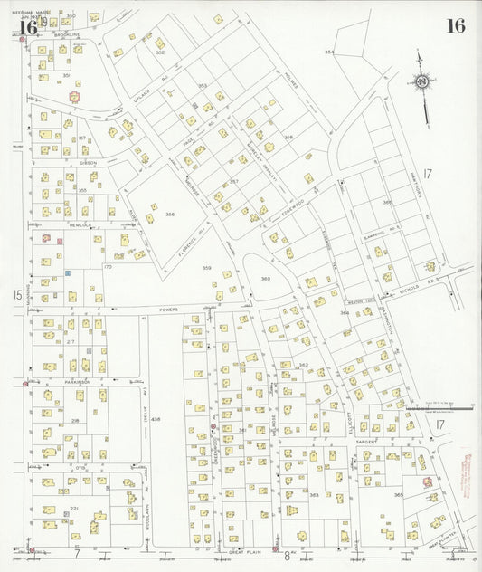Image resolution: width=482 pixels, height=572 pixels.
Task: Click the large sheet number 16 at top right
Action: point(455,25)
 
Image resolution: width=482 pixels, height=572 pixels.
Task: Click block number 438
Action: point(156,420)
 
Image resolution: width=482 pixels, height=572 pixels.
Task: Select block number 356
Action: point(169,214)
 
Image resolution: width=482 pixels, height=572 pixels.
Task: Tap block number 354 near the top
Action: point(329,53)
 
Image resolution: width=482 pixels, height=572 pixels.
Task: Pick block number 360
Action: point(266,278)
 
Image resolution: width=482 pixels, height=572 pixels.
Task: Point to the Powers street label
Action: point(170,310)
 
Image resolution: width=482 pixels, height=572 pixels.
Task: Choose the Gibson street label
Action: point(88,163)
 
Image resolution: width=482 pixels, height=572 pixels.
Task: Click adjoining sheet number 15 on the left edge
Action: point(17,294)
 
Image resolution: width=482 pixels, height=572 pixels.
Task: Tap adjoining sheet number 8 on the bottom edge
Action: point(287,556)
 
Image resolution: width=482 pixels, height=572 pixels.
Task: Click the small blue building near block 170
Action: point(68,272)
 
